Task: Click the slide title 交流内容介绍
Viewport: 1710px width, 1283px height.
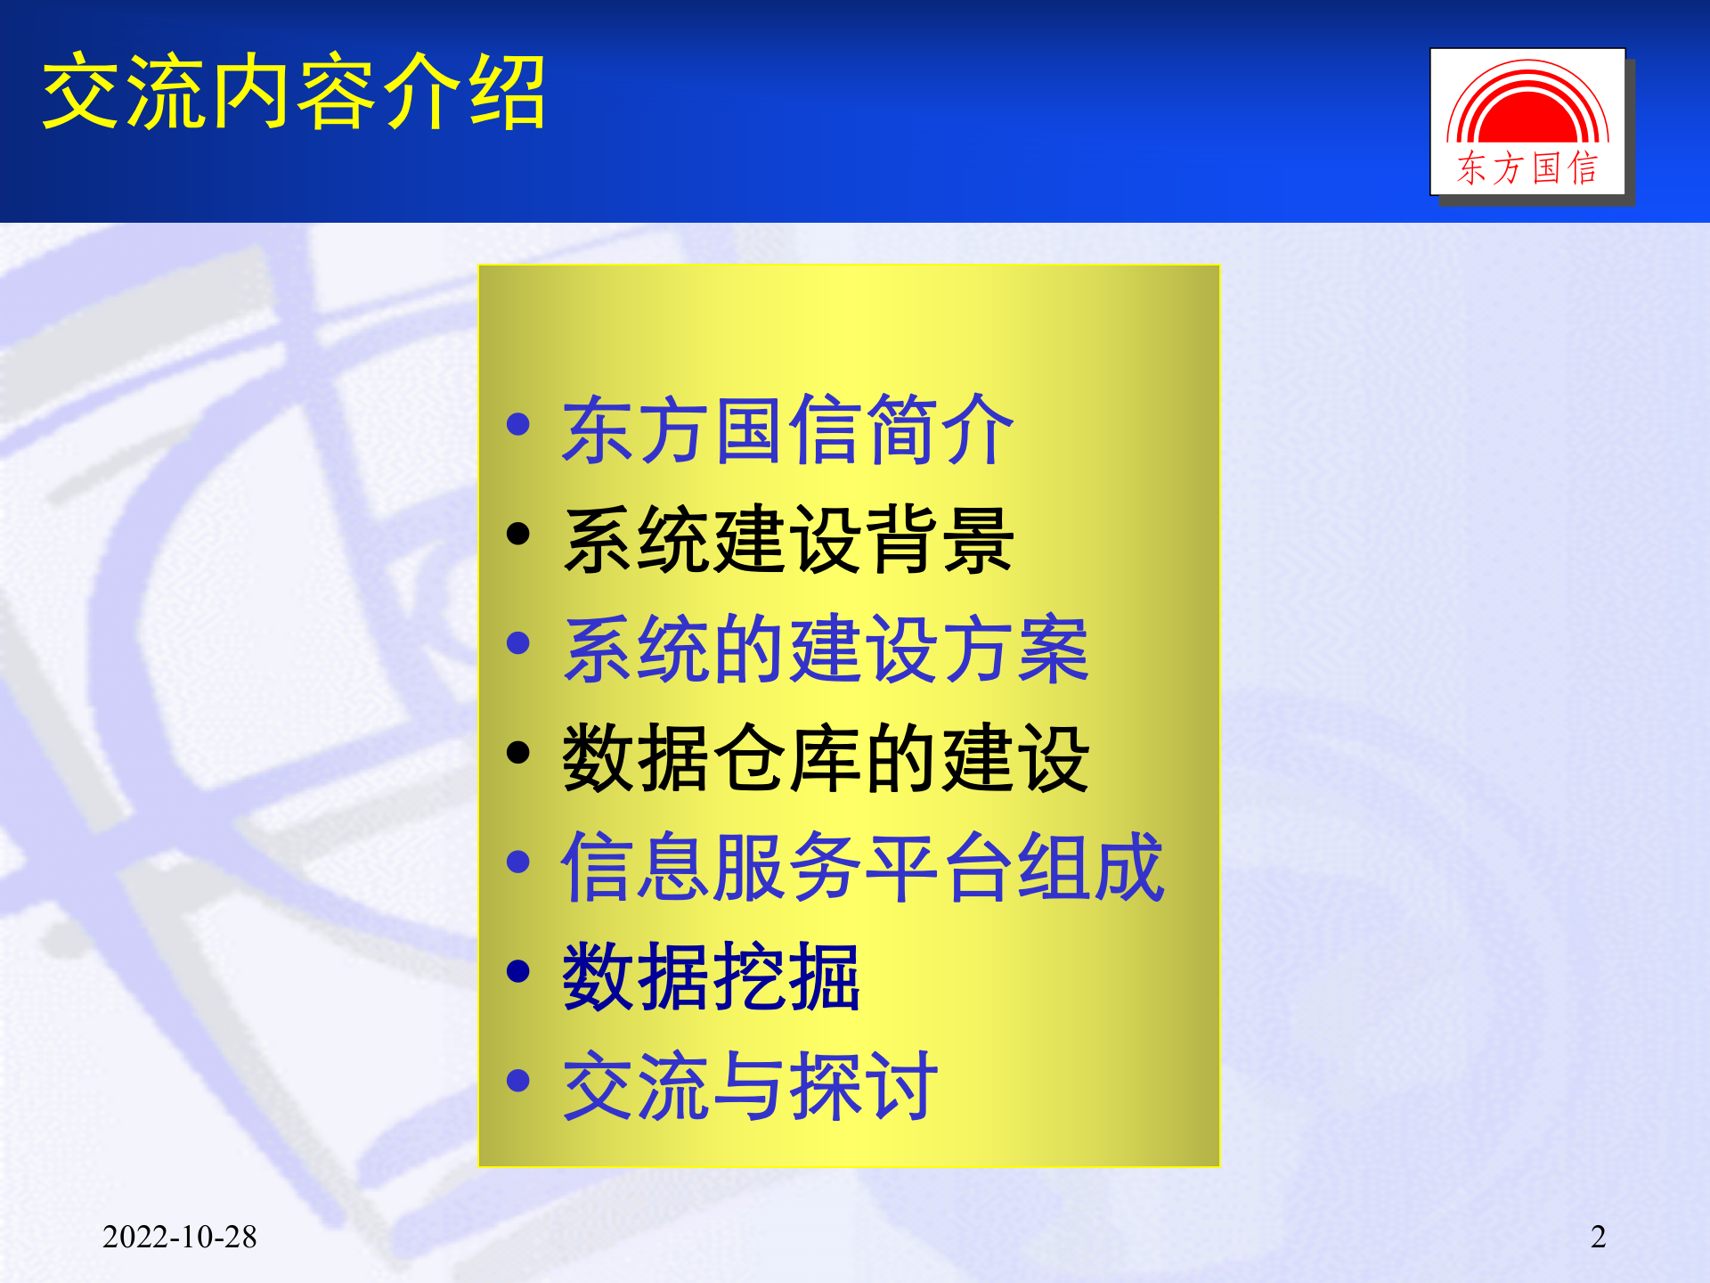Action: pos(294,92)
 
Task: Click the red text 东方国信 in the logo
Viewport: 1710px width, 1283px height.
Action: pos(1527,168)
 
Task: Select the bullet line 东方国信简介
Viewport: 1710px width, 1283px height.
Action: pos(787,430)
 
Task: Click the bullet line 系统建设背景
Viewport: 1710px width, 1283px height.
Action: pos(787,540)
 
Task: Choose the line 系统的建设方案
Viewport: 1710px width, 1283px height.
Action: pos(826,650)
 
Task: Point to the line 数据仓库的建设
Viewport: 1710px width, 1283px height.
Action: pos(826,759)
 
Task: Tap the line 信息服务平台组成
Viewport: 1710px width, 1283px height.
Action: pos(862,868)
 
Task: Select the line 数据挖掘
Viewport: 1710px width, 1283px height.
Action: pos(711,977)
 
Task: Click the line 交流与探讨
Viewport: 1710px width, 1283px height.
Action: pos(749,1086)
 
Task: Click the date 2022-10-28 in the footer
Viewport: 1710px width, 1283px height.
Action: pos(180,1237)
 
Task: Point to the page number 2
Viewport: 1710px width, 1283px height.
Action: pos(1598,1237)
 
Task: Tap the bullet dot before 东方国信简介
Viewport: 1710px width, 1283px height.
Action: pos(517,424)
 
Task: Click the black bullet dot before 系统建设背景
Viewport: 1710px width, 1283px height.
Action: pos(517,534)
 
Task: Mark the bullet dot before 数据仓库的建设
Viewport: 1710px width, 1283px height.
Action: pos(517,753)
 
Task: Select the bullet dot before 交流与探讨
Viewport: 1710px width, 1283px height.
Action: pos(517,1081)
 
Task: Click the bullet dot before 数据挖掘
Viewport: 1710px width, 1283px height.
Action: pos(517,971)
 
